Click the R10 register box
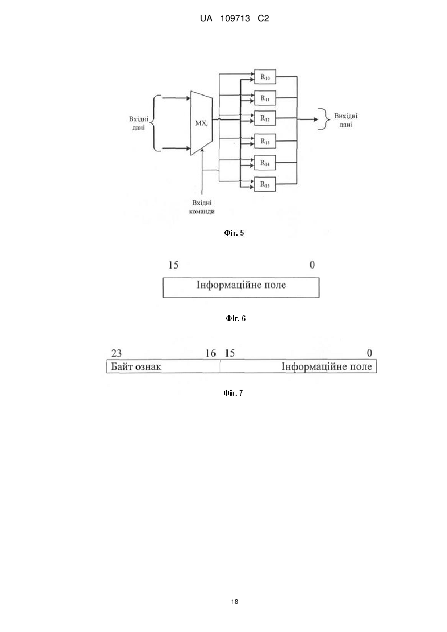[265, 76]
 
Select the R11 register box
[265, 98]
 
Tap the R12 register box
[265, 118]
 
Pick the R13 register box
[265, 141]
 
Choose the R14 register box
[265, 162]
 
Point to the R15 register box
[265, 184]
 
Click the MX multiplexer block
[201, 123]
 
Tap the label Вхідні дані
[138, 123]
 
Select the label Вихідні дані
[345, 120]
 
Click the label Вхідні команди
[202, 207]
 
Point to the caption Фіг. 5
[234, 233]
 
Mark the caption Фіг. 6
[236, 319]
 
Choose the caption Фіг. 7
[233, 393]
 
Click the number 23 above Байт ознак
[117, 353]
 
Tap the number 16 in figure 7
[210, 353]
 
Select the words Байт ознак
[136, 366]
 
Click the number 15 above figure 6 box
[174, 265]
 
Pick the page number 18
[235, 602]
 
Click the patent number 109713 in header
[235, 19]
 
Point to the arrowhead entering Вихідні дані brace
[316, 119]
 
